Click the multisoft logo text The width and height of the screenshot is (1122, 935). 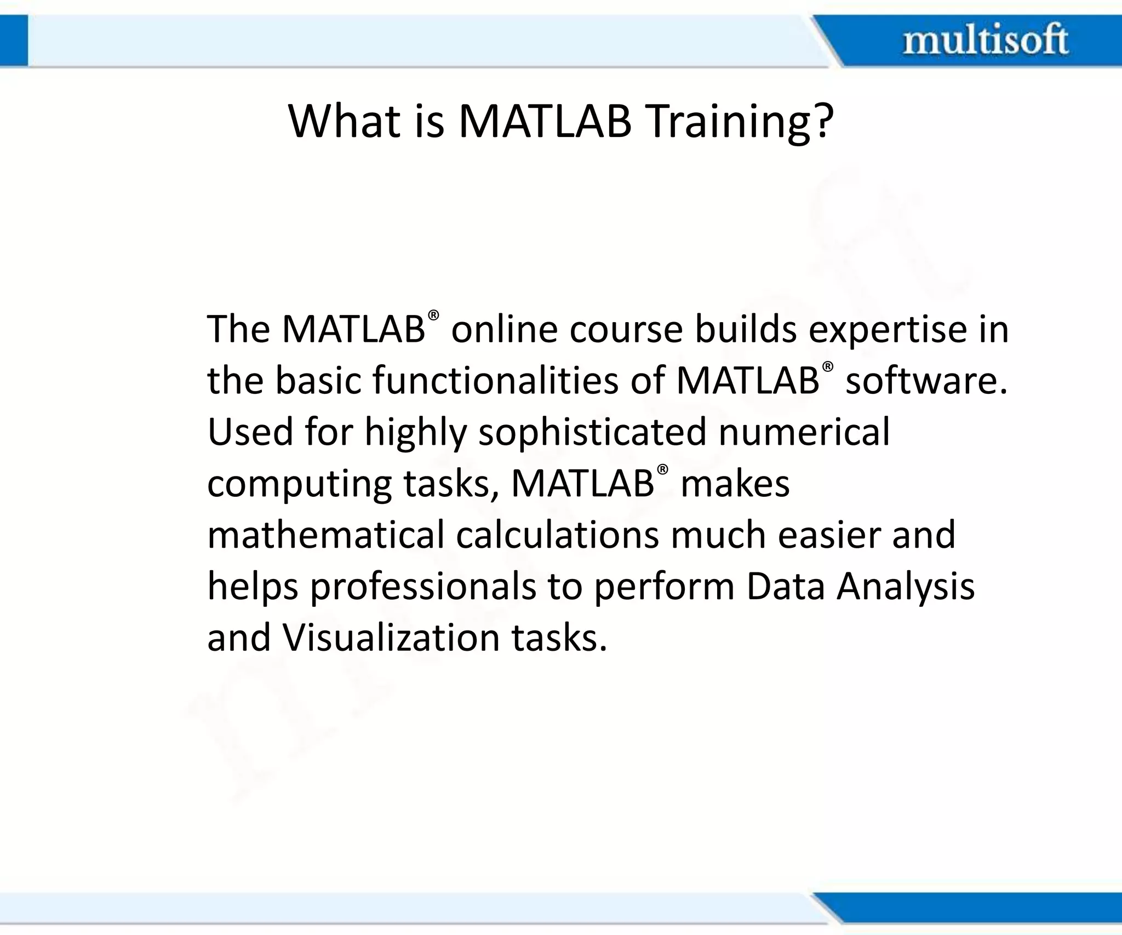tap(985, 40)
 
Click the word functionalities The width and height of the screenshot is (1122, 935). tap(495, 380)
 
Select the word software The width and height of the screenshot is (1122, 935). tap(926, 380)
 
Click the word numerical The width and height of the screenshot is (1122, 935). tap(804, 432)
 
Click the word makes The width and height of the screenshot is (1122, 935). tap(735, 484)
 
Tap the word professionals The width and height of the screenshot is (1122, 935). tap(423, 587)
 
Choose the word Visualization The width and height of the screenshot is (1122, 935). tap(391, 638)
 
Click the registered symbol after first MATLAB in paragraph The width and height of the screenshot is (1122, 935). tap(433, 315)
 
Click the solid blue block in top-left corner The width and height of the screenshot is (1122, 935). tap(13, 40)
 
